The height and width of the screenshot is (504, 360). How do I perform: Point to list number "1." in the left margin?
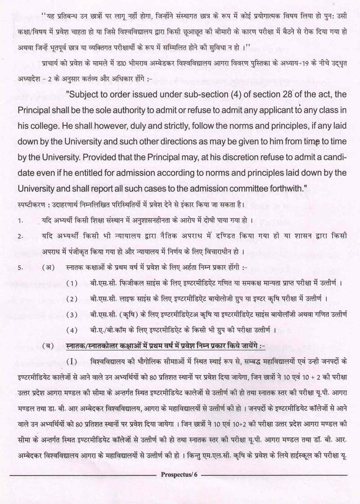tap(20, 221)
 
